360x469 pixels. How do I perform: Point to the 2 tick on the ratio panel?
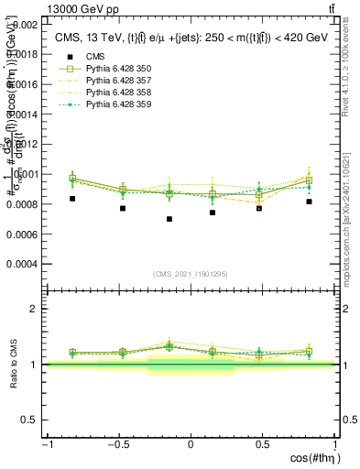point(37,309)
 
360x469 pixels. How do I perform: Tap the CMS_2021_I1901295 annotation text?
point(191,275)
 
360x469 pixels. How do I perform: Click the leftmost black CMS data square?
point(72,199)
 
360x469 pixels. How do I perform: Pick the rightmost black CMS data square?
point(309,202)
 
